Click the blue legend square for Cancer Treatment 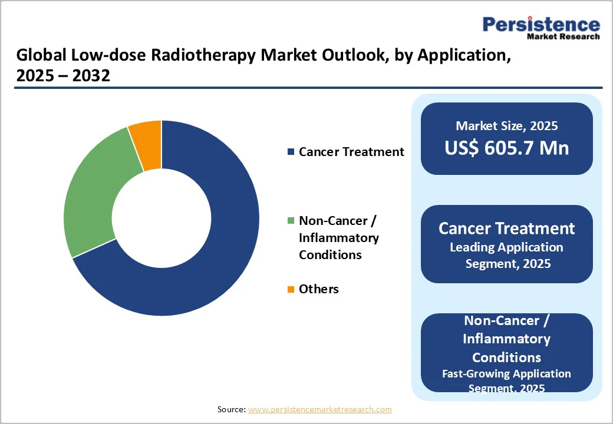pos(290,153)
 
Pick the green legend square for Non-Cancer pos(290,221)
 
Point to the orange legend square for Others pos(290,289)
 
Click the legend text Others pos(319,289)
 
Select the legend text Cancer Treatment pos(351,152)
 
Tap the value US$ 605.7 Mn pos(506,148)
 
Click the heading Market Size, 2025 pos(506,125)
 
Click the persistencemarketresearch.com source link pos(319,409)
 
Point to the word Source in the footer pos(231,409)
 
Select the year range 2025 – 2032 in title pos(63,76)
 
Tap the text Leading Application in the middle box pos(506,247)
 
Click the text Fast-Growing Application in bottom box pos(506,374)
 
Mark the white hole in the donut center pos(162,218)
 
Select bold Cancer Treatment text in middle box pos(506,228)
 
